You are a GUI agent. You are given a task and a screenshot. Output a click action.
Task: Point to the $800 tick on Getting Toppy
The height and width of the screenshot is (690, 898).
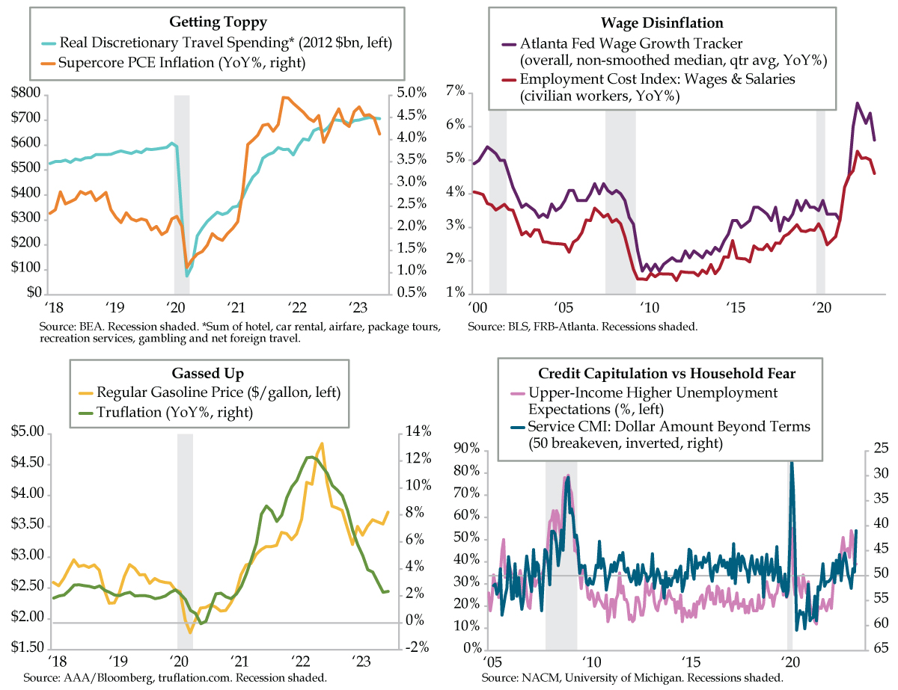[26, 94]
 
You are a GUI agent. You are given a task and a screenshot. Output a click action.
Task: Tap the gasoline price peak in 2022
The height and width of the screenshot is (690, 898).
[322, 443]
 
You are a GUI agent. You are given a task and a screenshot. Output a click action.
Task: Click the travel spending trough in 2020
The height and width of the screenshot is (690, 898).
[187, 276]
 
